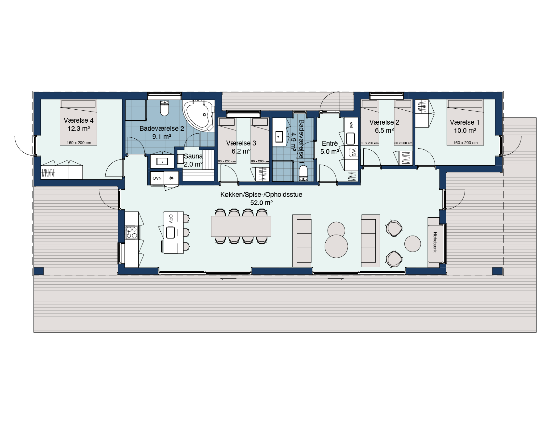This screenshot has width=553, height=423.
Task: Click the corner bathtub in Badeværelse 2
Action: coord(198,116)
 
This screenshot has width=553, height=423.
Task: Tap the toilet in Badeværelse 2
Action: coord(165,108)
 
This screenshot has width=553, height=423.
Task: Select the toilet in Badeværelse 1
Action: coord(303,173)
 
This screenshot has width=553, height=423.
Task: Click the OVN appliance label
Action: coord(157,178)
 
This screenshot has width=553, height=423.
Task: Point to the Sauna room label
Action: coord(193,156)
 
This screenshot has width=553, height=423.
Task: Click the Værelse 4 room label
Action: coord(79,120)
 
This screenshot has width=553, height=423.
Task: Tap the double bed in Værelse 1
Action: coord(465,122)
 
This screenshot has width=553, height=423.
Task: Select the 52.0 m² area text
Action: coord(261,203)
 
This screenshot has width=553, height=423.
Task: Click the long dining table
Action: coord(241,226)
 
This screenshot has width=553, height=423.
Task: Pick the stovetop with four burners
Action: coord(132,232)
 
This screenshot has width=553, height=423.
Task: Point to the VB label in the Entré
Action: coord(353,152)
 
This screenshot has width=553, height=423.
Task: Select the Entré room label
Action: coord(330,143)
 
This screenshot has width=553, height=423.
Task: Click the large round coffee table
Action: coord(336,246)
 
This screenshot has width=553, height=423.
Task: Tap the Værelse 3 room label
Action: coord(241,143)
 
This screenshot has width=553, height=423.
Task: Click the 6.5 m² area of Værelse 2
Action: coord(384,130)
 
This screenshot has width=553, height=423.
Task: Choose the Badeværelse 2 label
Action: coord(162,129)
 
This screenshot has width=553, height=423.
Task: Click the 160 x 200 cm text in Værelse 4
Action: coord(79,143)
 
